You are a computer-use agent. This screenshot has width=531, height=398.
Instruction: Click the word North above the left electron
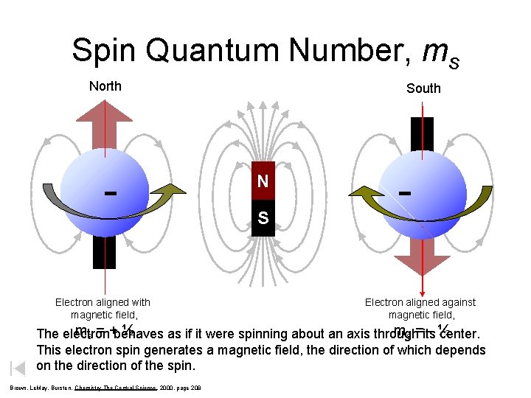[105, 86]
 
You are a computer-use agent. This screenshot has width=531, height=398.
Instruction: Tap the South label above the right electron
[423, 88]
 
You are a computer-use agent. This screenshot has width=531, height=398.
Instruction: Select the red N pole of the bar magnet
[263, 181]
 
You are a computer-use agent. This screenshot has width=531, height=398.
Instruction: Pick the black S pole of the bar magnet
[263, 218]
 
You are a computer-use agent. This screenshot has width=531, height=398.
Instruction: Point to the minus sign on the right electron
[404, 193]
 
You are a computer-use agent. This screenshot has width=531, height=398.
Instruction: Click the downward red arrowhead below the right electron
[421, 268]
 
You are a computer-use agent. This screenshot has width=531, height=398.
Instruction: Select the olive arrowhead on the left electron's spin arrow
[173, 193]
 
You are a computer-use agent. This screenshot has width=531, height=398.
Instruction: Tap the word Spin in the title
[105, 51]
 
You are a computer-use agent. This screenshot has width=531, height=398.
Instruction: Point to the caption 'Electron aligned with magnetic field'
[103, 308]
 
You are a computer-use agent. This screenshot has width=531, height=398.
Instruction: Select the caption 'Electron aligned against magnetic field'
[420, 308]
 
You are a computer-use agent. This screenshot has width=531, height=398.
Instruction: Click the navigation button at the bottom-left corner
[18, 369]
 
